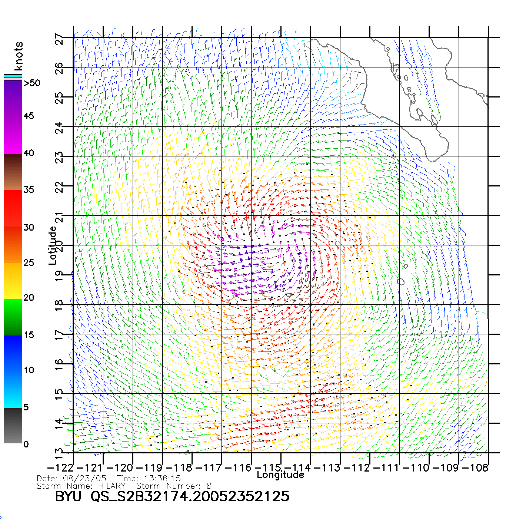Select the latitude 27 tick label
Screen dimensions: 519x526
pyautogui.click(x=59, y=39)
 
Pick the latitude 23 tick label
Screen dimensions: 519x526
pyautogui.click(x=59, y=158)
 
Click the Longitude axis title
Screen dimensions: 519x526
pyautogui.click(x=280, y=475)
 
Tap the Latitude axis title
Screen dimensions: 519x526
pyautogui.click(x=53, y=245)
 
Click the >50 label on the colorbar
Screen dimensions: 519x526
pyautogui.click(x=32, y=83)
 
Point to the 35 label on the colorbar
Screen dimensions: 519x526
pyautogui.click(x=29, y=190)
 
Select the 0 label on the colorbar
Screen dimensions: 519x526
pyautogui.click(x=26, y=444)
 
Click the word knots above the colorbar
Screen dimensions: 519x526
pyautogui.click(x=19, y=56)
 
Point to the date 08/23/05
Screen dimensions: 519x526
pyautogui.click(x=85, y=478)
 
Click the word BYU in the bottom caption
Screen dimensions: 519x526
pyautogui.click(x=68, y=496)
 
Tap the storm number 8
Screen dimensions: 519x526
pyautogui.click(x=209, y=486)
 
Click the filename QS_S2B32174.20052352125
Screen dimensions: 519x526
pyautogui.click(x=190, y=496)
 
